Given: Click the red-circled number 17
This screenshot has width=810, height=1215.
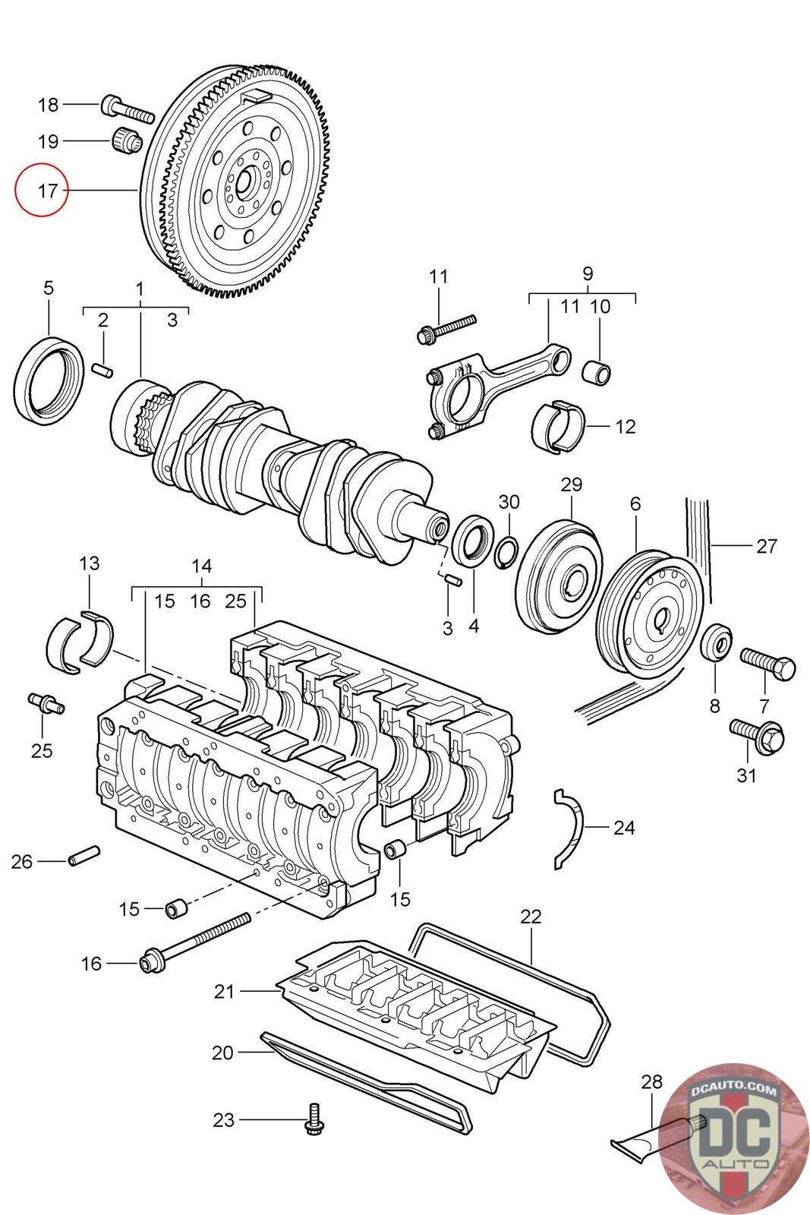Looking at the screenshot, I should click(x=43, y=190).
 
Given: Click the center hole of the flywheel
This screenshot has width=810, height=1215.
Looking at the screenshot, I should click(x=245, y=181).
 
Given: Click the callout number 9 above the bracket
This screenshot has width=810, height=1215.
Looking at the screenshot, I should click(x=588, y=273).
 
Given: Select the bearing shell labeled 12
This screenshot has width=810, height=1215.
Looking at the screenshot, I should click(x=559, y=426).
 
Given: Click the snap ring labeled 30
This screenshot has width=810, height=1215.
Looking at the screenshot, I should click(x=509, y=551).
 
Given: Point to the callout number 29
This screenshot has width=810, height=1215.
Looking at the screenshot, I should click(x=571, y=484).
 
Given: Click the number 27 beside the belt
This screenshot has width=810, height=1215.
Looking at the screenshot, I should click(x=767, y=545).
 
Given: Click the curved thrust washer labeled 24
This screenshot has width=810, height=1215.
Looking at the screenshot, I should click(x=568, y=828).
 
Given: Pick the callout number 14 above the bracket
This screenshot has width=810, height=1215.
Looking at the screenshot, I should click(x=201, y=566).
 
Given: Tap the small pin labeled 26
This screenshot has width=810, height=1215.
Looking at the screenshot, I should click(x=84, y=856).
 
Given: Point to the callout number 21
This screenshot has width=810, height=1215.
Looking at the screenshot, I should click(x=224, y=991).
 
